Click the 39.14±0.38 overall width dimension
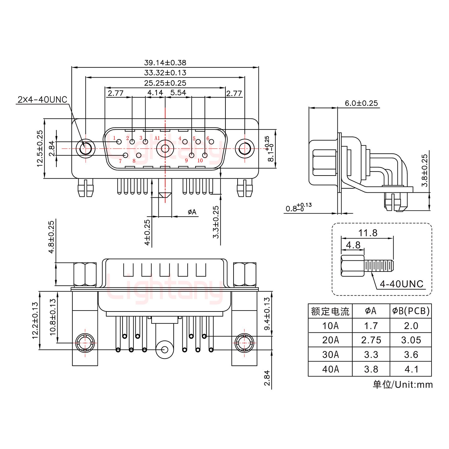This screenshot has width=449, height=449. pyautogui.click(x=165, y=63)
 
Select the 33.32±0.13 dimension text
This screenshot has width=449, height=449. pyautogui.click(x=165, y=73)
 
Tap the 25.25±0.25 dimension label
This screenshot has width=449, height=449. pyautogui.click(x=165, y=83)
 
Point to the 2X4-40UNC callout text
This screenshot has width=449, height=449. pyautogui.click(x=42, y=100)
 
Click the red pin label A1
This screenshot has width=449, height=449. pyautogui.click(x=157, y=138)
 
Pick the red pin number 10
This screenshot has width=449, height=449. pyautogui.click(x=200, y=161)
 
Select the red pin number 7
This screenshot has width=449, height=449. pyautogui.click(x=120, y=161)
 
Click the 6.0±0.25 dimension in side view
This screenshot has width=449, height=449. pyautogui.click(x=361, y=103)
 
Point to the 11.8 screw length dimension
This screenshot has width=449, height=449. pyautogui.click(x=368, y=233)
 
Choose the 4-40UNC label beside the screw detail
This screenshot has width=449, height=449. pyautogui.click(x=402, y=284)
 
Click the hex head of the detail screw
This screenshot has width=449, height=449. pyautogui.click(x=353, y=266)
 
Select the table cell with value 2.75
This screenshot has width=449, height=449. pyautogui.click(x=371, y=340)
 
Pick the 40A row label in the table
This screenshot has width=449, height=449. pyautogui.click(x=330, y=369)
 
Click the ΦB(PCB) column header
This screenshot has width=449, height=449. pyautogui.click(x=411, y=311)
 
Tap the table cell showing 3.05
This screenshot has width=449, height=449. pyautogui.click(x=411, y=340)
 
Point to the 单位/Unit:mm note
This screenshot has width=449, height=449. pyautogui.click(x=403, y=384)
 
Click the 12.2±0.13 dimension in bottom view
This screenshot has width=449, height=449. pyautogui.click(x=35, y=320)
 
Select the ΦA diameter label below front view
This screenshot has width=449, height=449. pyautogui.click(x=192, y=212)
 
